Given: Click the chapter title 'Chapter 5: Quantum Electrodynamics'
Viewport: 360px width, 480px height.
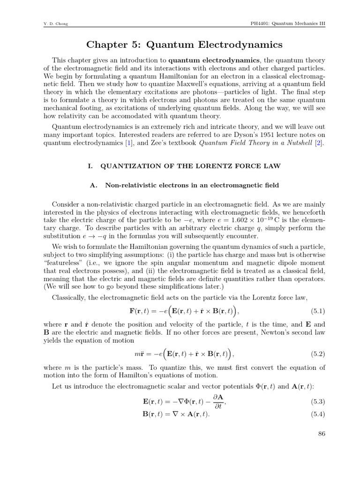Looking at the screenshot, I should [185, 45].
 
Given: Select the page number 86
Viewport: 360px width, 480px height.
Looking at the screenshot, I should [321, 434].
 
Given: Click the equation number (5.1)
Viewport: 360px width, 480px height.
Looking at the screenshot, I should [318, 311].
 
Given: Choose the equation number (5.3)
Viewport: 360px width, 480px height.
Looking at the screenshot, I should [318, 402].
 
